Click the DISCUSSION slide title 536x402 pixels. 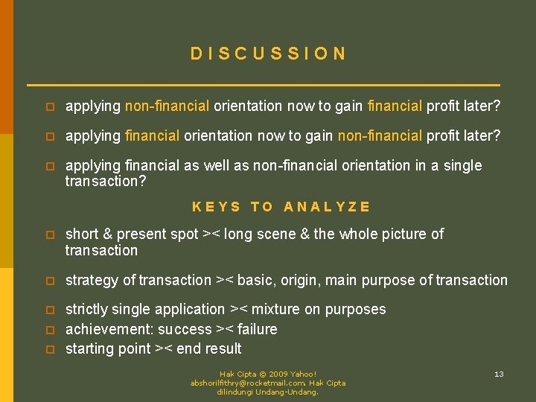(x=268, y=54)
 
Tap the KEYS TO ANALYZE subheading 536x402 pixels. (x=281, y=207)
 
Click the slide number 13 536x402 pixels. (x=499, y=374)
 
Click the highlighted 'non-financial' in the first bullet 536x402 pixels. (x=167, y=106)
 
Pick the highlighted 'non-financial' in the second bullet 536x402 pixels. (x=380, y=135)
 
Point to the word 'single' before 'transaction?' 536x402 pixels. (x=462, y=165)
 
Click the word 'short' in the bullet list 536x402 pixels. (x=82, y=234)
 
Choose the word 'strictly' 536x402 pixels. (x=89, y=309)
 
